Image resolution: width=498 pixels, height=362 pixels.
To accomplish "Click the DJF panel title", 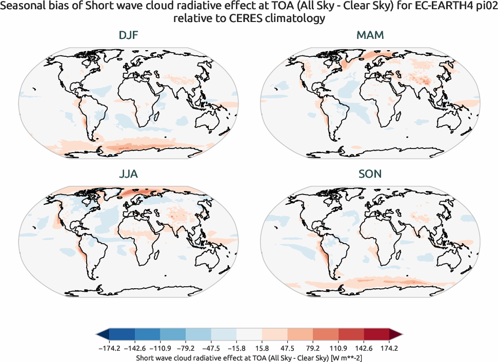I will pyautogui.click(x=128, y=36).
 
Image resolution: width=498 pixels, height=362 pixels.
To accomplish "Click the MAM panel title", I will pyautogui.click(x=370, y=36).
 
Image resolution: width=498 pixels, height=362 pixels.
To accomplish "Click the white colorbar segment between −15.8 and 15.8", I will pyautogui.click(x=249, y=334).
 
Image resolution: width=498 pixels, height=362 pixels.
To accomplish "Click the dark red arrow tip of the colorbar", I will pyautogui.click(x=395, y=334).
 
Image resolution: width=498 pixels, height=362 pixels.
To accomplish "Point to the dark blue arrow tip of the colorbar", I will pyautogui.click(x=103, y=334).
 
